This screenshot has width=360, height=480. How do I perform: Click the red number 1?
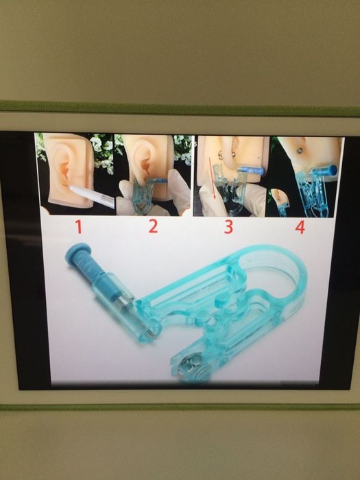point(79,227)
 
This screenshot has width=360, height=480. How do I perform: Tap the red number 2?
point(154,226)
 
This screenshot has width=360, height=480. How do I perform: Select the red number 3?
point(228,227)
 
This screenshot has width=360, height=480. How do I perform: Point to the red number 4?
point(300,227)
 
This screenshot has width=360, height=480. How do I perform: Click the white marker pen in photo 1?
point(92,196)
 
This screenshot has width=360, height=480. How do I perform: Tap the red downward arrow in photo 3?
point(212,178)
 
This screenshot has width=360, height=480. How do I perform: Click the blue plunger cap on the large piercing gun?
point(76,253)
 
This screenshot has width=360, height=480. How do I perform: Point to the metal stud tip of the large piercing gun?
point(153,335)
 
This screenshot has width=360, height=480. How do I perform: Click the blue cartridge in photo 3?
point(250,170)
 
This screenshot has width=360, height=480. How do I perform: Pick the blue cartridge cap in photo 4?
point(331,170)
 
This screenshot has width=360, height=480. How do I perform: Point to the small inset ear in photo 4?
point(279,197)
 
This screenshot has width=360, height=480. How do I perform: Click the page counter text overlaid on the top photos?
point(190,143)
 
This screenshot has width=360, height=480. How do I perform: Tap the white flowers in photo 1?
point(101,153)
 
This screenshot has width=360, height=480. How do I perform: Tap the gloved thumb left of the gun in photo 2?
point(125,193)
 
